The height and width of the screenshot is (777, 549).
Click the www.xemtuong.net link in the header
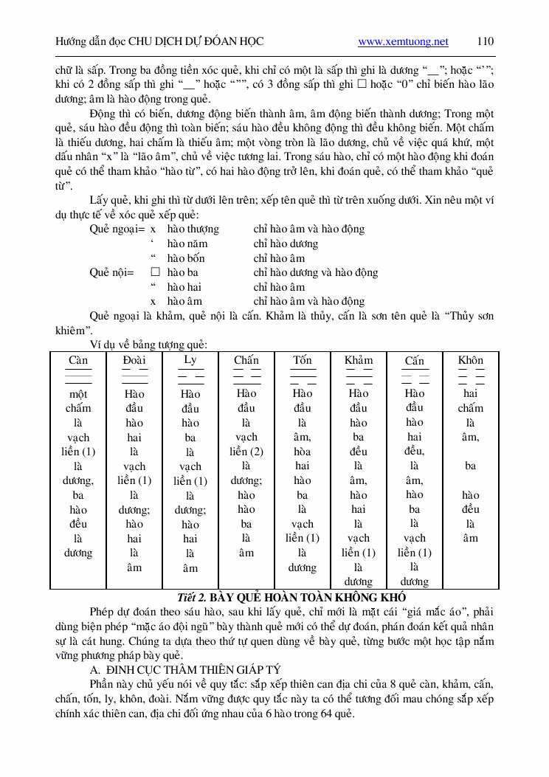coord(403,41)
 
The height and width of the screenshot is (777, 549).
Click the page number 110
coord(485,41)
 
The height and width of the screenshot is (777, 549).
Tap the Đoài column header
coord(134,360)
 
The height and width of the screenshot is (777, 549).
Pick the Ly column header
coord(190,360)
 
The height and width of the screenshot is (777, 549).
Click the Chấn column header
coord(246,360)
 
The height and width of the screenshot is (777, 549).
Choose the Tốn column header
coord(303,360)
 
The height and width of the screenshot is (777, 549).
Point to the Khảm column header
coord(359,360)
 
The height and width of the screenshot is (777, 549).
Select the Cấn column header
coord(415,361)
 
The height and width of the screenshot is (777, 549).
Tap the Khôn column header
coord(471,360)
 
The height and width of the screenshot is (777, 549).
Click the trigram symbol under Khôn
coord(471,376)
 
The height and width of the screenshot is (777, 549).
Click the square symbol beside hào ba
coord(155,272)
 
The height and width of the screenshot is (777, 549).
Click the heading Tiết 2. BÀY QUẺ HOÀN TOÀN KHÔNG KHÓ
coord(292,597)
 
